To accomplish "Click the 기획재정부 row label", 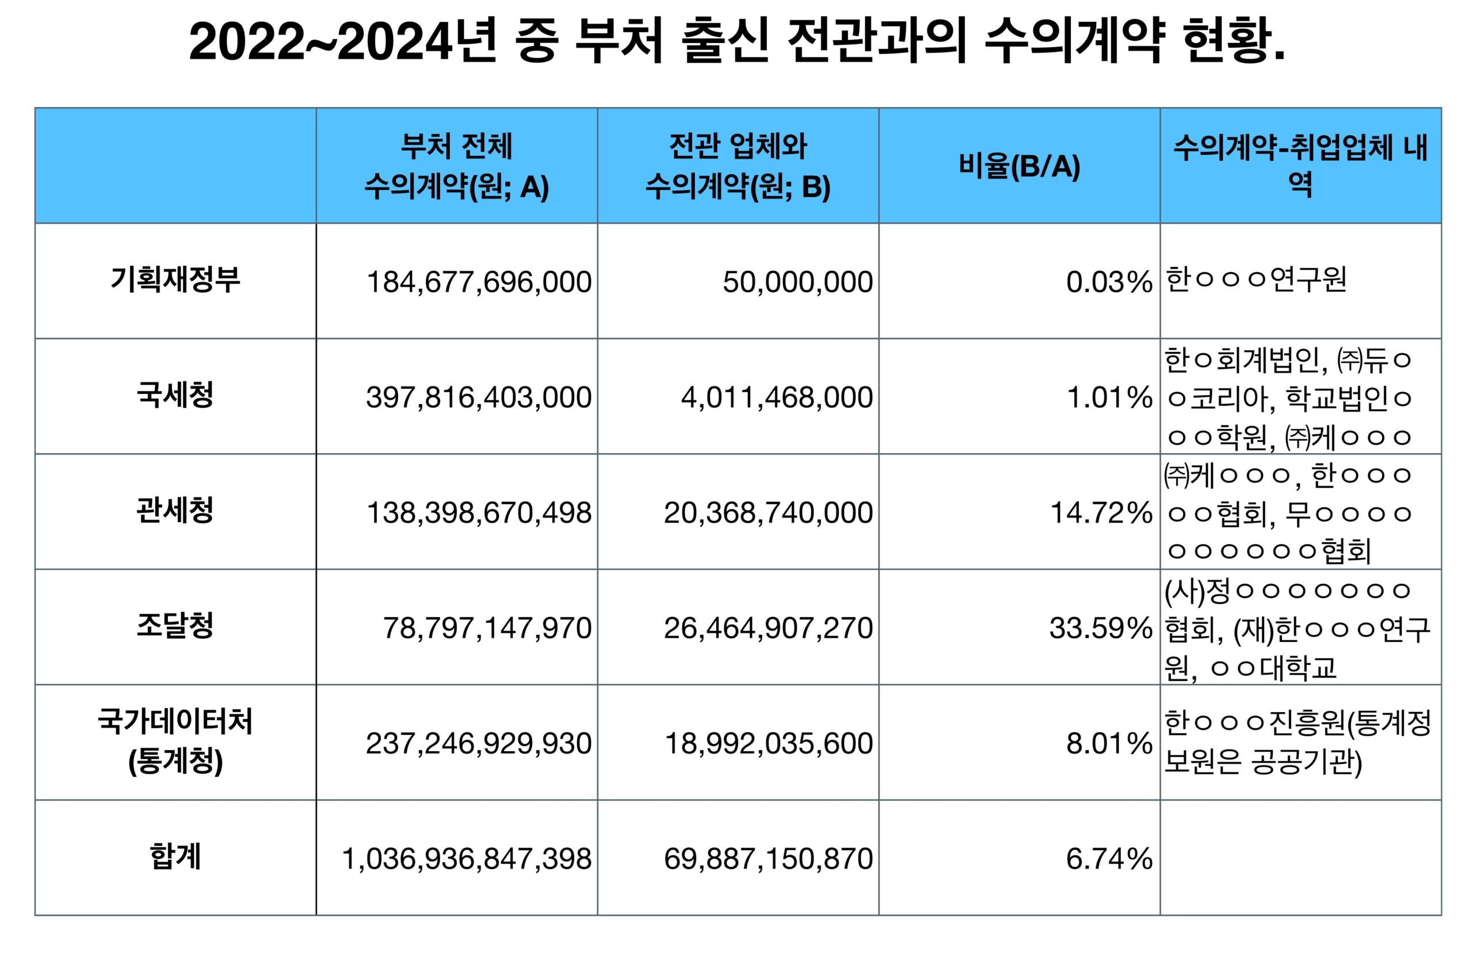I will [175, 280].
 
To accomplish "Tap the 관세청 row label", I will [175, 511].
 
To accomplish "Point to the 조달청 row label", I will [175, 626].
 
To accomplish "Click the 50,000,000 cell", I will [797, 282].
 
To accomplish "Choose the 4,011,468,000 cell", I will [777, 397].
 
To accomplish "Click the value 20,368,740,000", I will [768, 513].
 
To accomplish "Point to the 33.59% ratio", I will [1100, 628].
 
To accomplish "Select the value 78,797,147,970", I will [487, 628].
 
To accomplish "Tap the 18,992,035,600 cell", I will [768, 743].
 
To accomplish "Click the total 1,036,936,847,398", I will [467, 859].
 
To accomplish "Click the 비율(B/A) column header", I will [1018, 166].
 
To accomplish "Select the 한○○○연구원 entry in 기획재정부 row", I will [1256, 280].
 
